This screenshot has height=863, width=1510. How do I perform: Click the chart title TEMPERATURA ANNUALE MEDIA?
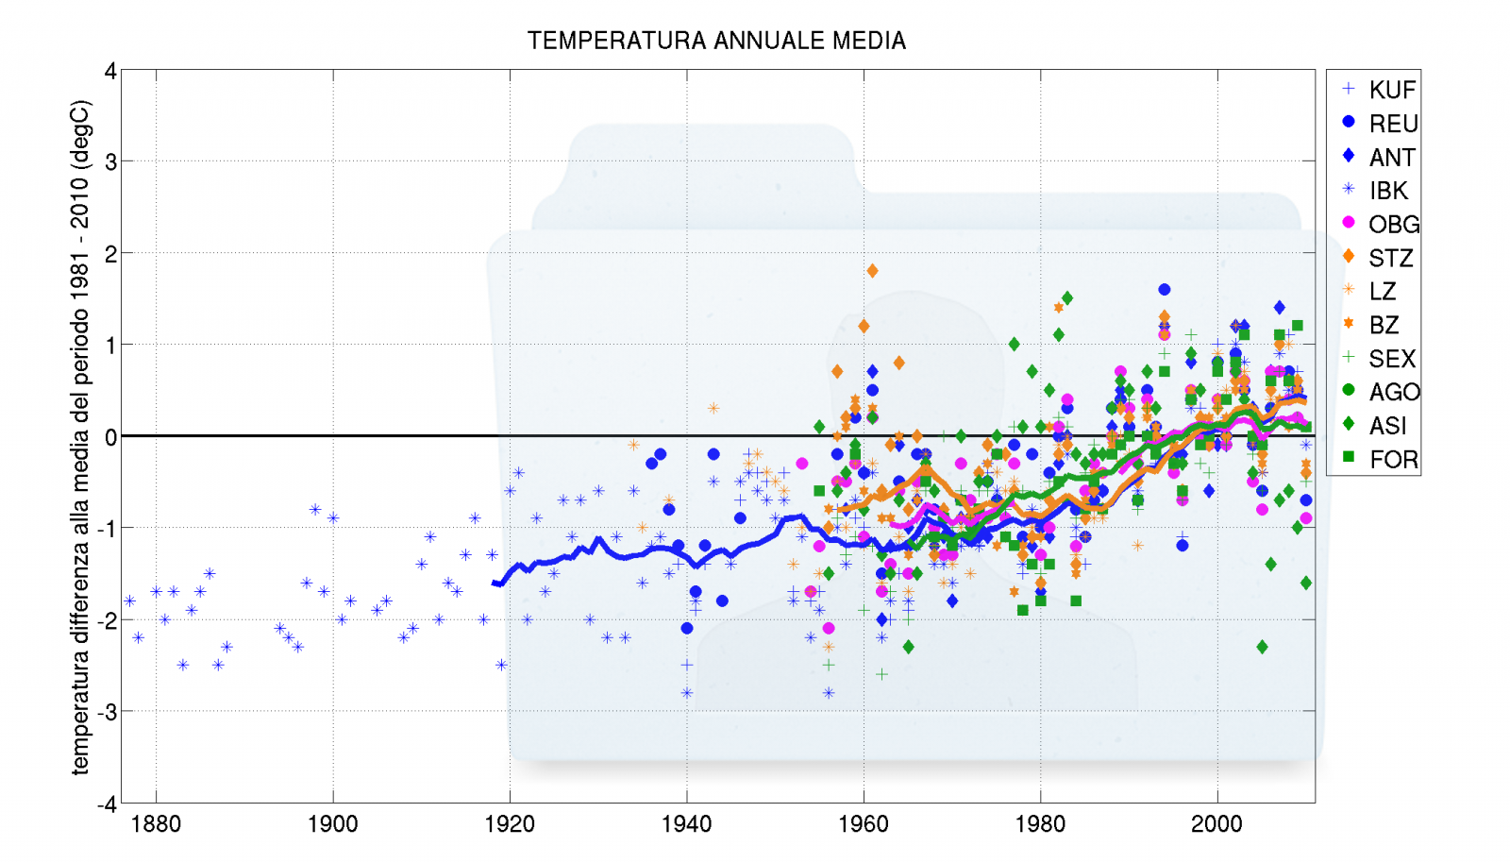716,41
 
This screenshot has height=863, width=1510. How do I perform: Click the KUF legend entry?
1391,90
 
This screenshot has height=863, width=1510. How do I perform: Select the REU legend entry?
1392,124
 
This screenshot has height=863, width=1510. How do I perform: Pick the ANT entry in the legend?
1391,157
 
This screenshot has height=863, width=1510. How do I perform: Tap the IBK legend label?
1387,191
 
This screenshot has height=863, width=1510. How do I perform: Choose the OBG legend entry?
1393,225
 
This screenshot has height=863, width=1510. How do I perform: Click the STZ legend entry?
1390,258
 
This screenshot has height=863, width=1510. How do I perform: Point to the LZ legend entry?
1382,292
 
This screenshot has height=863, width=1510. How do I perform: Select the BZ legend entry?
1384,325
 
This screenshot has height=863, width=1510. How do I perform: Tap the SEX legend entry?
1391,359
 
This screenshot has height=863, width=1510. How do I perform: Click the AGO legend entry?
1393,392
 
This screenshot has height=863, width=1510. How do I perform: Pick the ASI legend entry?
1387,426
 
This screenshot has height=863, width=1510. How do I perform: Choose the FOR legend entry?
1393,460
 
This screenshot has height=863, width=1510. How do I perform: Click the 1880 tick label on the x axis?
156,824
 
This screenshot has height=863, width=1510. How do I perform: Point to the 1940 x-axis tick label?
686,824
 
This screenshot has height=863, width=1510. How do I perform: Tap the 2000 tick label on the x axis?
1216,824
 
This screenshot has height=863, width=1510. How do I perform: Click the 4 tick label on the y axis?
110,72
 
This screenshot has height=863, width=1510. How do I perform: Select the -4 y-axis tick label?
107,804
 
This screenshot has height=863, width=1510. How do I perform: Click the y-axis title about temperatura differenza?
80,436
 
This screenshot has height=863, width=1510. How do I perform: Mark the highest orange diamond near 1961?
872,271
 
